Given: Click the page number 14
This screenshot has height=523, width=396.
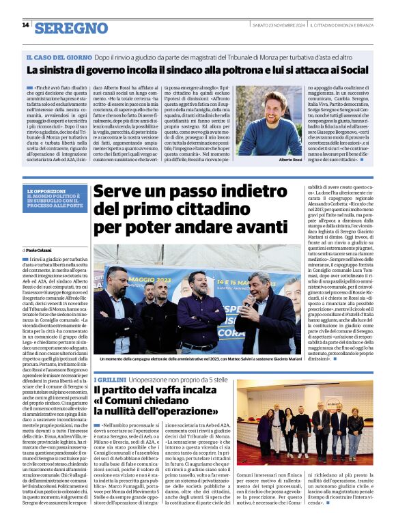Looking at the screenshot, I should (25, 25).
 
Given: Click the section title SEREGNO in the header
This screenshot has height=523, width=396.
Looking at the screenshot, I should (71, 28).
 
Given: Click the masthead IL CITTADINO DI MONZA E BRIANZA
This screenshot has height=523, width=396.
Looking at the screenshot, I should (344, 25).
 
